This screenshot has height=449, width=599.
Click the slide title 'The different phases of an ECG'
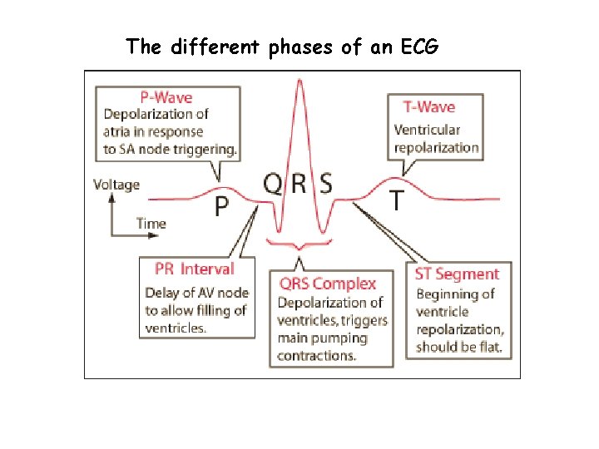[x=282, y=47]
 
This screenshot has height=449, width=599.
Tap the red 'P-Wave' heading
[x=160, y=97]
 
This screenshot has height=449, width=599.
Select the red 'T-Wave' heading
[x=428, y=106]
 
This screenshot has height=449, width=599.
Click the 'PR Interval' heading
[x=195, y=269]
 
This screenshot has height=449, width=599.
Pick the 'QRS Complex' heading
[x=328, y=284]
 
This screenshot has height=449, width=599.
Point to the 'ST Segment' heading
[x=457, y=274]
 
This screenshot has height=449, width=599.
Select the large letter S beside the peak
[x=326, y=183]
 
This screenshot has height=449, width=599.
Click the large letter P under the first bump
[x=222, y=206]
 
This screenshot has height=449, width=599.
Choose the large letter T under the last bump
[x=399, y=200]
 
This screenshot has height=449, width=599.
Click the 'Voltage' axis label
[x=116, y=185]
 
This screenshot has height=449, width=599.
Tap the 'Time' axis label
[x=151, y=223]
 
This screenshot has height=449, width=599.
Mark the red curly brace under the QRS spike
[x=299, y=244]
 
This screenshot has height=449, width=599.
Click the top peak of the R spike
[x=299, y=78]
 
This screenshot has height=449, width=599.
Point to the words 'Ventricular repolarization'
[x=436, y=139]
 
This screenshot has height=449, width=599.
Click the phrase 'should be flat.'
[x=459, y=347]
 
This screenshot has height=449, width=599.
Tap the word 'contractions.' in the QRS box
[x=317, y=356]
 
